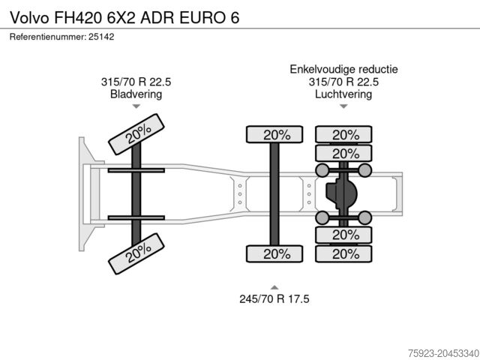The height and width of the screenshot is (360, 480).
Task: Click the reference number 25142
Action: pyautogui.click(x=101, y=37)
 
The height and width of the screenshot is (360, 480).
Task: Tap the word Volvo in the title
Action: pyautogui.click(x=30, y=18)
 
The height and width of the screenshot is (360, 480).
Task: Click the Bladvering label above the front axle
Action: pyautogui.click(x=136, y=94)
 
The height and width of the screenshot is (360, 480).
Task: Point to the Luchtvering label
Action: pyautogui.click(x=343, y=94)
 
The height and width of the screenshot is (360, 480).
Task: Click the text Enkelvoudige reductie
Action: pyautogui.click(x=343, y=69)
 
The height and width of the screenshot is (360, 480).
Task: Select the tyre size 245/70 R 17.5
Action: pyautogui.click(x=274, y=298)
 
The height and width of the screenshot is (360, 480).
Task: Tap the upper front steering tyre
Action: pyautogui.click(x=136, y=134)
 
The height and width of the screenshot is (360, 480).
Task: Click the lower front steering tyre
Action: pyautogui.click(x=136, y=253)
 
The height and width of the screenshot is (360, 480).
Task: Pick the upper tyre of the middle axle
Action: pyautogui.click(x=274, y=134)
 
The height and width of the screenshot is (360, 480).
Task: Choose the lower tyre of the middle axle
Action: pyautogui.click(x=274, y=253)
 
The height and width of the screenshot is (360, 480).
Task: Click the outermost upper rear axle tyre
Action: pyautogui.click(x=343, y=134)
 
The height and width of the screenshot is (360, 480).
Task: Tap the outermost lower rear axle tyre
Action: pyautogui.click(x=343, y=253)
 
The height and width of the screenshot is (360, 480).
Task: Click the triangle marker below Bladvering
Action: pyautogui.click(x=136, y=106)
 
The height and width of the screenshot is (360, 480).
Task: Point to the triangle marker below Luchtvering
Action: pyautogui.click(x=343, y=106)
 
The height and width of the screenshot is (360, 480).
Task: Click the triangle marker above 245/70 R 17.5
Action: pyautogui.click(x=274, y=287)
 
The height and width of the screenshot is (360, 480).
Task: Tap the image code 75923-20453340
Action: pyautogui.click(x=443, y=353)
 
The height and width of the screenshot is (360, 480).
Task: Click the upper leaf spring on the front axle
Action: pyautogui.click(x=136, y=170)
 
